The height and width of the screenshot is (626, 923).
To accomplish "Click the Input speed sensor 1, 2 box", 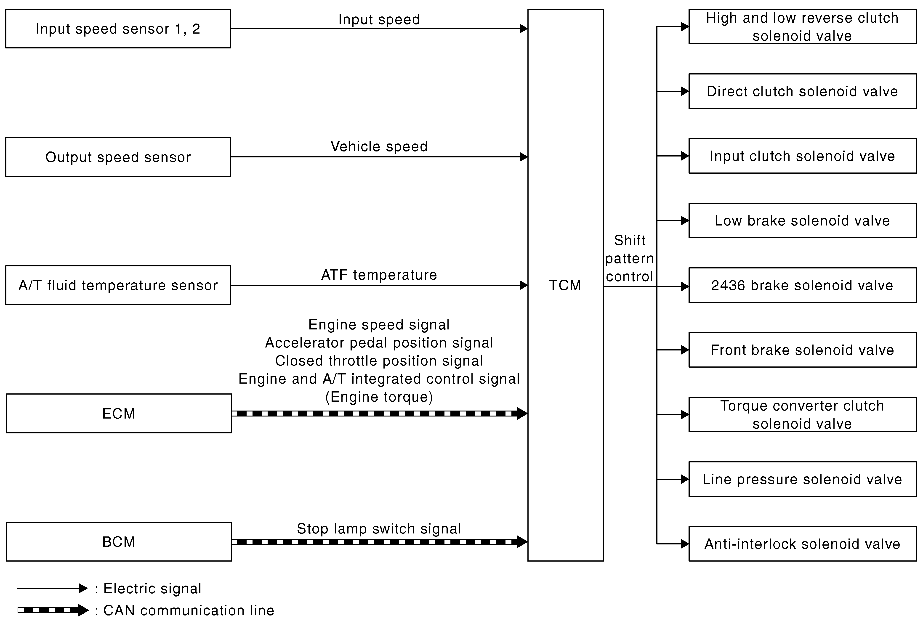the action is (x=118, y=29).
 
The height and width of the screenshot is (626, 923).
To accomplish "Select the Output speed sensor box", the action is (x=118, y=157).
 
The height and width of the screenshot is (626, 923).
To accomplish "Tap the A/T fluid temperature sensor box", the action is (x=118, y=285).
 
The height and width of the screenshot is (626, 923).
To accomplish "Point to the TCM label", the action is (x=565, y=285).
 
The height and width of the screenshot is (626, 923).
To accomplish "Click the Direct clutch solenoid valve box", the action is (x=802, y=91).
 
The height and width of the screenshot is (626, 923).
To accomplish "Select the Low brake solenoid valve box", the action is (x=802, y=220).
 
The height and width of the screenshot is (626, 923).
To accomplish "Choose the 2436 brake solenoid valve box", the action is (x=802, y=285).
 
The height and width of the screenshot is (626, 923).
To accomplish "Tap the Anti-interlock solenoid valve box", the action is (x=802, y=544).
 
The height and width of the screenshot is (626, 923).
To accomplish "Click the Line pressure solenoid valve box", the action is (x=802, y=479).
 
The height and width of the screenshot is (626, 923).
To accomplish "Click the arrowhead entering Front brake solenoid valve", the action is (x=685, y=350).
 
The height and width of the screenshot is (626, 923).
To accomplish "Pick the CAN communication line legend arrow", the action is (x=53, y=610).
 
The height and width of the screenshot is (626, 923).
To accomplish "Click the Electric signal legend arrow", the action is (x=52, y=588).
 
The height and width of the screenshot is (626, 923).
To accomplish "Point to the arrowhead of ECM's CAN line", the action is (x=522, y=413).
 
